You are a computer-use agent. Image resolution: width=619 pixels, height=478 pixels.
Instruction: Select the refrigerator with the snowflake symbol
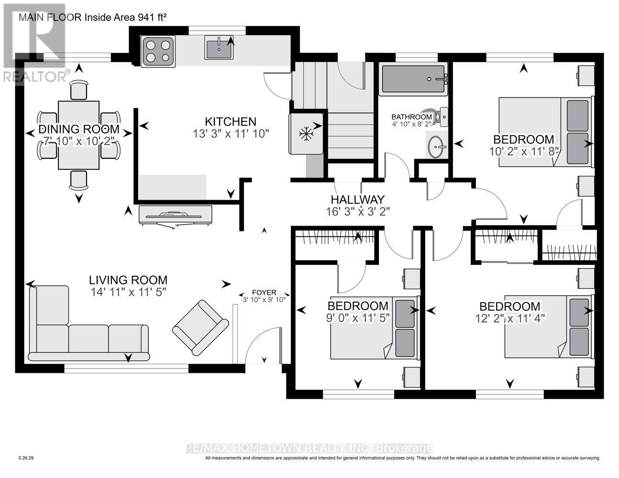[306, 133]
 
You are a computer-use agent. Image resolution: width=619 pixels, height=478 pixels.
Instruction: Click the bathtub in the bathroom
[413, 79]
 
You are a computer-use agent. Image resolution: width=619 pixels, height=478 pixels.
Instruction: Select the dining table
[78, 135]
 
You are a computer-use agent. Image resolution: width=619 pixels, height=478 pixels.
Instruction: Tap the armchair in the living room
[200, 327]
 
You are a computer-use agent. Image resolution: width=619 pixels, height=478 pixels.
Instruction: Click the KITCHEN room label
[231, 122]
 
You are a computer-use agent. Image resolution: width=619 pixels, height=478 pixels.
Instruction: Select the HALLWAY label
[358, 200]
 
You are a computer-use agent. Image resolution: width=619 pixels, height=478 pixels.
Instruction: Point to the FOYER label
[264, 293]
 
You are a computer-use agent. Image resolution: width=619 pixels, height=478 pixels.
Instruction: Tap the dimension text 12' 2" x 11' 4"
[509, 317]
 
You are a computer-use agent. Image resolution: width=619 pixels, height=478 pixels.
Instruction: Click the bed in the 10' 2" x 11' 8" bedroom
[545, 132]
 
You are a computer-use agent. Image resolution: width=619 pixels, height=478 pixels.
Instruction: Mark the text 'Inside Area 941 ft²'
[126, 18]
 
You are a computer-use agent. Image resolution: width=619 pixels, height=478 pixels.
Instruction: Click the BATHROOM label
[411, 117]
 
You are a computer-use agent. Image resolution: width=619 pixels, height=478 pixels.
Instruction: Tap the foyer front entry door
[262, 345]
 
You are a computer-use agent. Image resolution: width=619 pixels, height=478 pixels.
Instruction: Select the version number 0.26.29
[26, 458]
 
